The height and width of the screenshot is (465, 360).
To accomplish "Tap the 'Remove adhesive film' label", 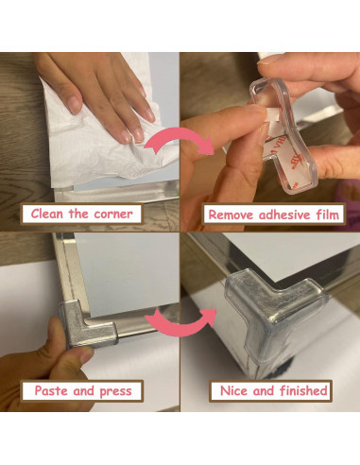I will click(274, 215).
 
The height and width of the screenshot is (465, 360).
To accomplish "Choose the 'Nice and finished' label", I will click(274, 390).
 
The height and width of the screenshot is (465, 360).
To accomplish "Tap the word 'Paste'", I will click(53, 390).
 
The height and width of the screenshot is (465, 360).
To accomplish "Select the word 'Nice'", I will click(235, 390).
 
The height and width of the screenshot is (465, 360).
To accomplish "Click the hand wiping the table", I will click(99, 90).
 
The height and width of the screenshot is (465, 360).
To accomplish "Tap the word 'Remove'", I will click(230, 215).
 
